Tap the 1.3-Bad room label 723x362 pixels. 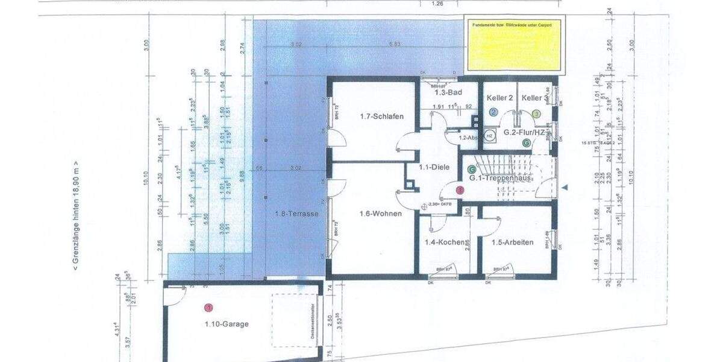pyautogui.click(x=449, y=92)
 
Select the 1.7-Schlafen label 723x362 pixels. pyautogui.click(x=381, y=116)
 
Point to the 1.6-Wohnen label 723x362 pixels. pyautogui.click(x=380, y=214)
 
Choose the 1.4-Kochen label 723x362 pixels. pyautogui.click(x=445, y=242)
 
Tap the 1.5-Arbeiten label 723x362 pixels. pyautogui.click(x=513, y=242)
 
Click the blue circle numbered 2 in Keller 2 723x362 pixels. pyautogui.click(x=493, y=112)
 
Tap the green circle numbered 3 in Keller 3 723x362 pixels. pyautogui.click(x=536, y=113)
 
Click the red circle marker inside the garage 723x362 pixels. pyautogui.click(x=208, y=308)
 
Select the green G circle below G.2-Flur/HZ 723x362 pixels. pyautogui.click(x=526, y=143)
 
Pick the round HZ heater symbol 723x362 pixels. pyautogui.click(x=490, y=136)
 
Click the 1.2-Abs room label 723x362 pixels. pyautogui.click(x=468, y=138)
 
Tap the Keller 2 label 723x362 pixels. pyautogui.click(x=499, y=98)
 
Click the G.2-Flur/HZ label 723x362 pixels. pyautogui.click(x=524, y=132)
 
